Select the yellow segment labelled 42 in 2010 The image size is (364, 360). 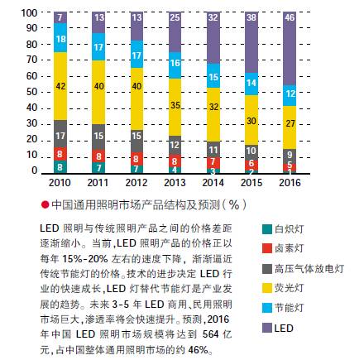(x=59, y=85)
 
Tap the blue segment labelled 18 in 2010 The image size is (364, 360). (x=59, y=38)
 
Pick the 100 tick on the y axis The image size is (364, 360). (x=26, y=13)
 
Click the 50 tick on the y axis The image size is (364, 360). (x=28, y=92)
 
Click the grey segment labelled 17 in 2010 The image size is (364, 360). (x=59, y=132)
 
